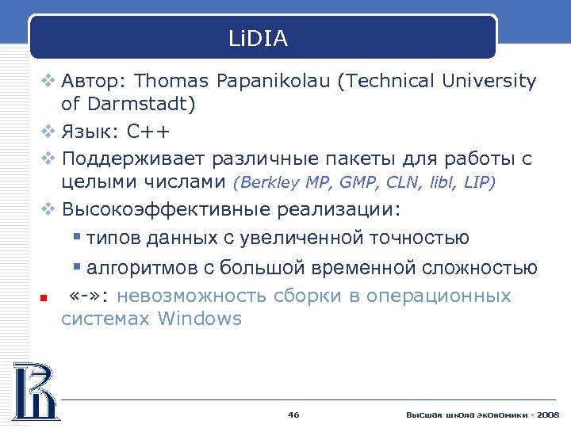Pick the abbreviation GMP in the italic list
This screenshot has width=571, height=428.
[360, 183]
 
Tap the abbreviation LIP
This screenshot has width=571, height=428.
[475, 183]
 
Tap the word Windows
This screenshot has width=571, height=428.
[200, 319]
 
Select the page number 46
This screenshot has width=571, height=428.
[293, 415]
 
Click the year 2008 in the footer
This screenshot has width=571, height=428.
[547, 415]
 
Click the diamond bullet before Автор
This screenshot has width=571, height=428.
[48, 82]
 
